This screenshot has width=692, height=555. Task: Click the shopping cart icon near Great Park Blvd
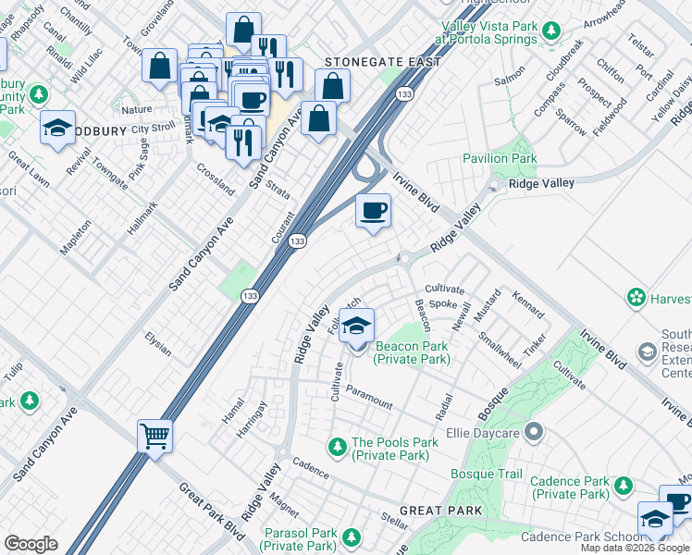154,435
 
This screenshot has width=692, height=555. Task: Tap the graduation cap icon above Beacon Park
356,326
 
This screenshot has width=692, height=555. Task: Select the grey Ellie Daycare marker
533,432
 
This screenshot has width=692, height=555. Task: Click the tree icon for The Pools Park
338,447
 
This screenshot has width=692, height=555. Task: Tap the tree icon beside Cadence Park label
624,486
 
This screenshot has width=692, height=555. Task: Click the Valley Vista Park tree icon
551,32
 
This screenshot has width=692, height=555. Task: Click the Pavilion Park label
500,158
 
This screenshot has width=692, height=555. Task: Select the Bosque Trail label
487,475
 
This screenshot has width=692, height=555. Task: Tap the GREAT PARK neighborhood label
441,511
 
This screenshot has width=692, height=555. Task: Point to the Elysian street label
158,344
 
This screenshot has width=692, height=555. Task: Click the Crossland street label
216,179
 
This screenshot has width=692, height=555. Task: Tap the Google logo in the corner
31,544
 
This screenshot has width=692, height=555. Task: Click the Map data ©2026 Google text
635,548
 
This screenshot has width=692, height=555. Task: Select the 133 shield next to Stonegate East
403,94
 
